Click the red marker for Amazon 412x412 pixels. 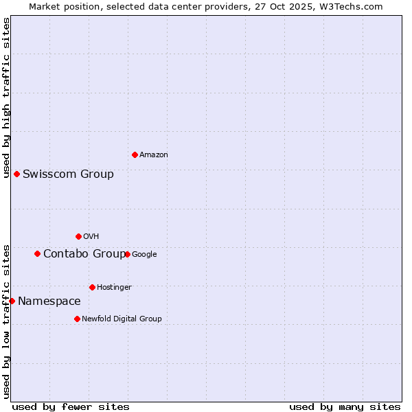tap(135, 154)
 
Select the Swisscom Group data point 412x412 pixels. tap(16, 174)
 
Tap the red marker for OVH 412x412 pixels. tap(78, 236)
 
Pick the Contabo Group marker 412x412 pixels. tap(37, 253)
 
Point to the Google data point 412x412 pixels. tap(127, 254)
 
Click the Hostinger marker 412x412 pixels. tap(92, 287)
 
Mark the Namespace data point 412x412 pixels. tap(12, 301)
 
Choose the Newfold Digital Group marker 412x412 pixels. tap(77, 319)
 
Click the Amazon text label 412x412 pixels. tap(154, 155)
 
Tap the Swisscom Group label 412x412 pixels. tap(68, 174)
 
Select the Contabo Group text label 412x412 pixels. tap(84, 254)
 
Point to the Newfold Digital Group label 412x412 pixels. tap(122, 319)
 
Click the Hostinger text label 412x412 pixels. tap(114, 287)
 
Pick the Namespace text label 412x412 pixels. tap(49, 301)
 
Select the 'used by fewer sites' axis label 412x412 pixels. tap(71, 407)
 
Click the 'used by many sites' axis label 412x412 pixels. tap(345, 407)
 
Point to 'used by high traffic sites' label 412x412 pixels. tap(6, 98)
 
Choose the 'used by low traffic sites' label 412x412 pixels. tap(6, 321)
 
